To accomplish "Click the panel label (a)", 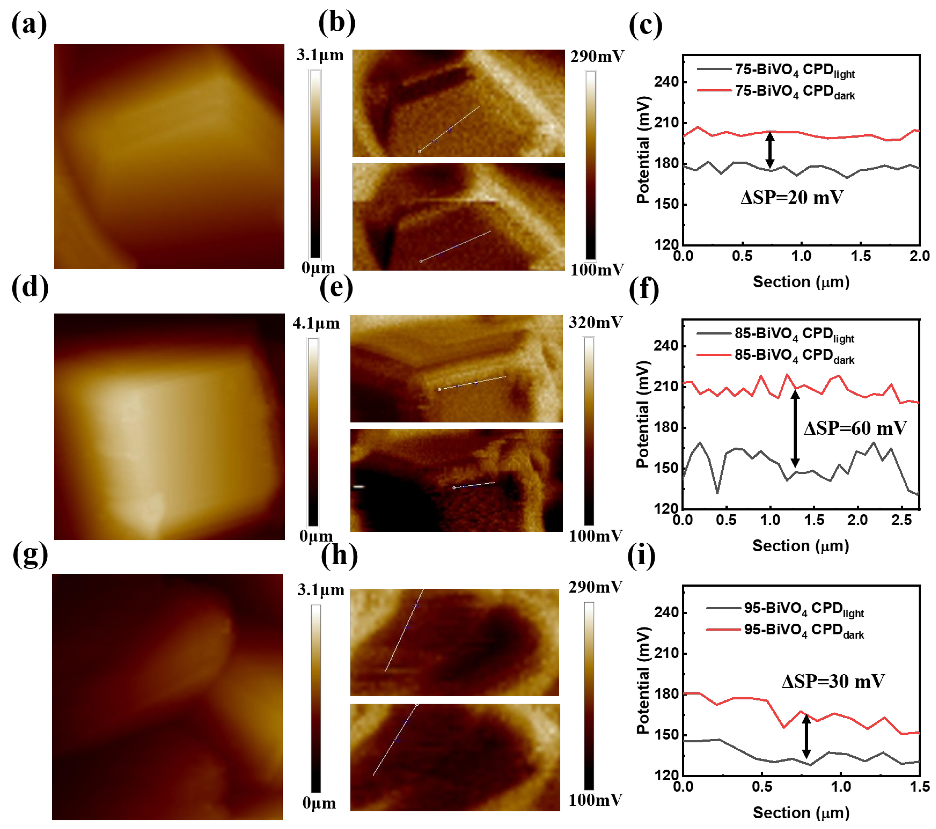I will click(x=29, y=24).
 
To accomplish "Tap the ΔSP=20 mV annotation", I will click(x=792, y=197).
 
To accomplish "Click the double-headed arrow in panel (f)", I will click(x=795, y=428).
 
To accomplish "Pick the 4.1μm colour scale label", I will click(x=316, y=323).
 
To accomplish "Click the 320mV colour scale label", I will click(x=595, y=322).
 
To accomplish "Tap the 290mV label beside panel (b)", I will click(x=597, y=56).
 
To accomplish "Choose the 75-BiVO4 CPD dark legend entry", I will click(x=794, y=92).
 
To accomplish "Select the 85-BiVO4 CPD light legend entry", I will click(x=794, y=334).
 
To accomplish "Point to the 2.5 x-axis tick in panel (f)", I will click(x=901, y=520).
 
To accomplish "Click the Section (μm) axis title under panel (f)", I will click(x=800, y=546).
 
